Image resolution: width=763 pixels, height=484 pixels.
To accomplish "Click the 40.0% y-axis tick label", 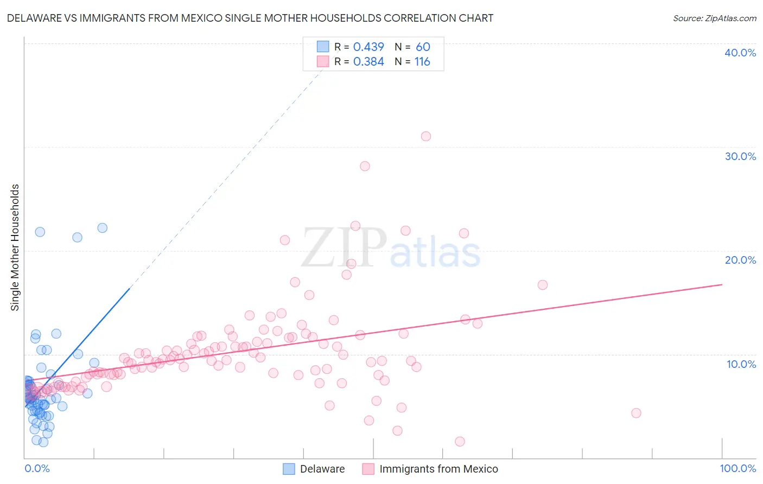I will pos(740,53).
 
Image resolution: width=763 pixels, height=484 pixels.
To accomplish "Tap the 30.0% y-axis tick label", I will pos(740,156).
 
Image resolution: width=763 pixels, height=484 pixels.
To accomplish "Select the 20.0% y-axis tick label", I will pos(740,260).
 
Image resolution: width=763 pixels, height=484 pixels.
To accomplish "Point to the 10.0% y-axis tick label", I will pos(741,364).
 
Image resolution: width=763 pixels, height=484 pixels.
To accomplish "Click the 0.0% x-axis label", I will pos(37,468).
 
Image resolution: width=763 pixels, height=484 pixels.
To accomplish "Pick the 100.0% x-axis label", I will pos(737,468).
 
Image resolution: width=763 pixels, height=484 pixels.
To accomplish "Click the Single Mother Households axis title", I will pos(15,247).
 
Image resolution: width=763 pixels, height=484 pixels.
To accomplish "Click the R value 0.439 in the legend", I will pos(368,47).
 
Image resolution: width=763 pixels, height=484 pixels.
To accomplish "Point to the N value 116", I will pos(422,62).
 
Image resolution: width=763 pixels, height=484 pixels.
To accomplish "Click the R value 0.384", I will pos(368,62).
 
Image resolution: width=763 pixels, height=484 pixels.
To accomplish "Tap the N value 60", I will pos(423,47).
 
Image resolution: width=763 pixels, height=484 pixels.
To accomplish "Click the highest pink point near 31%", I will pos(426,136).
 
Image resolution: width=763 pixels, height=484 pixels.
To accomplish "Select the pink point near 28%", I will pos(365,166).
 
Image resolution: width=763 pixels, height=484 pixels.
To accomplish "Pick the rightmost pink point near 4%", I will pos(636,413).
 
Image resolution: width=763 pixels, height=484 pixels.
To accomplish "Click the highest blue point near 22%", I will pos(102,228).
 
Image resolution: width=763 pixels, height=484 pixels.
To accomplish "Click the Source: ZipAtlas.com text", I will pos(714,18).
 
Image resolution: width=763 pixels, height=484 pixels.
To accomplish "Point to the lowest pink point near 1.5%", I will pos(460,442).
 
